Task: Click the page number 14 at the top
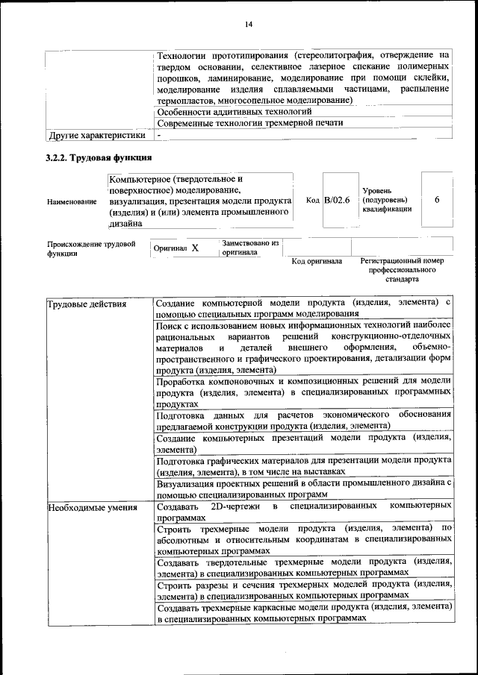249,25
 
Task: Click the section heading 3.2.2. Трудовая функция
99,158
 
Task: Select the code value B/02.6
337,200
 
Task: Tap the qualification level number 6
437,200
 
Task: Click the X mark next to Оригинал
194,248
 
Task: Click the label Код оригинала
317,261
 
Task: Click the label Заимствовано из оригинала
249,248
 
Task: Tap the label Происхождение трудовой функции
91,248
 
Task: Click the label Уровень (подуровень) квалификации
385,200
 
